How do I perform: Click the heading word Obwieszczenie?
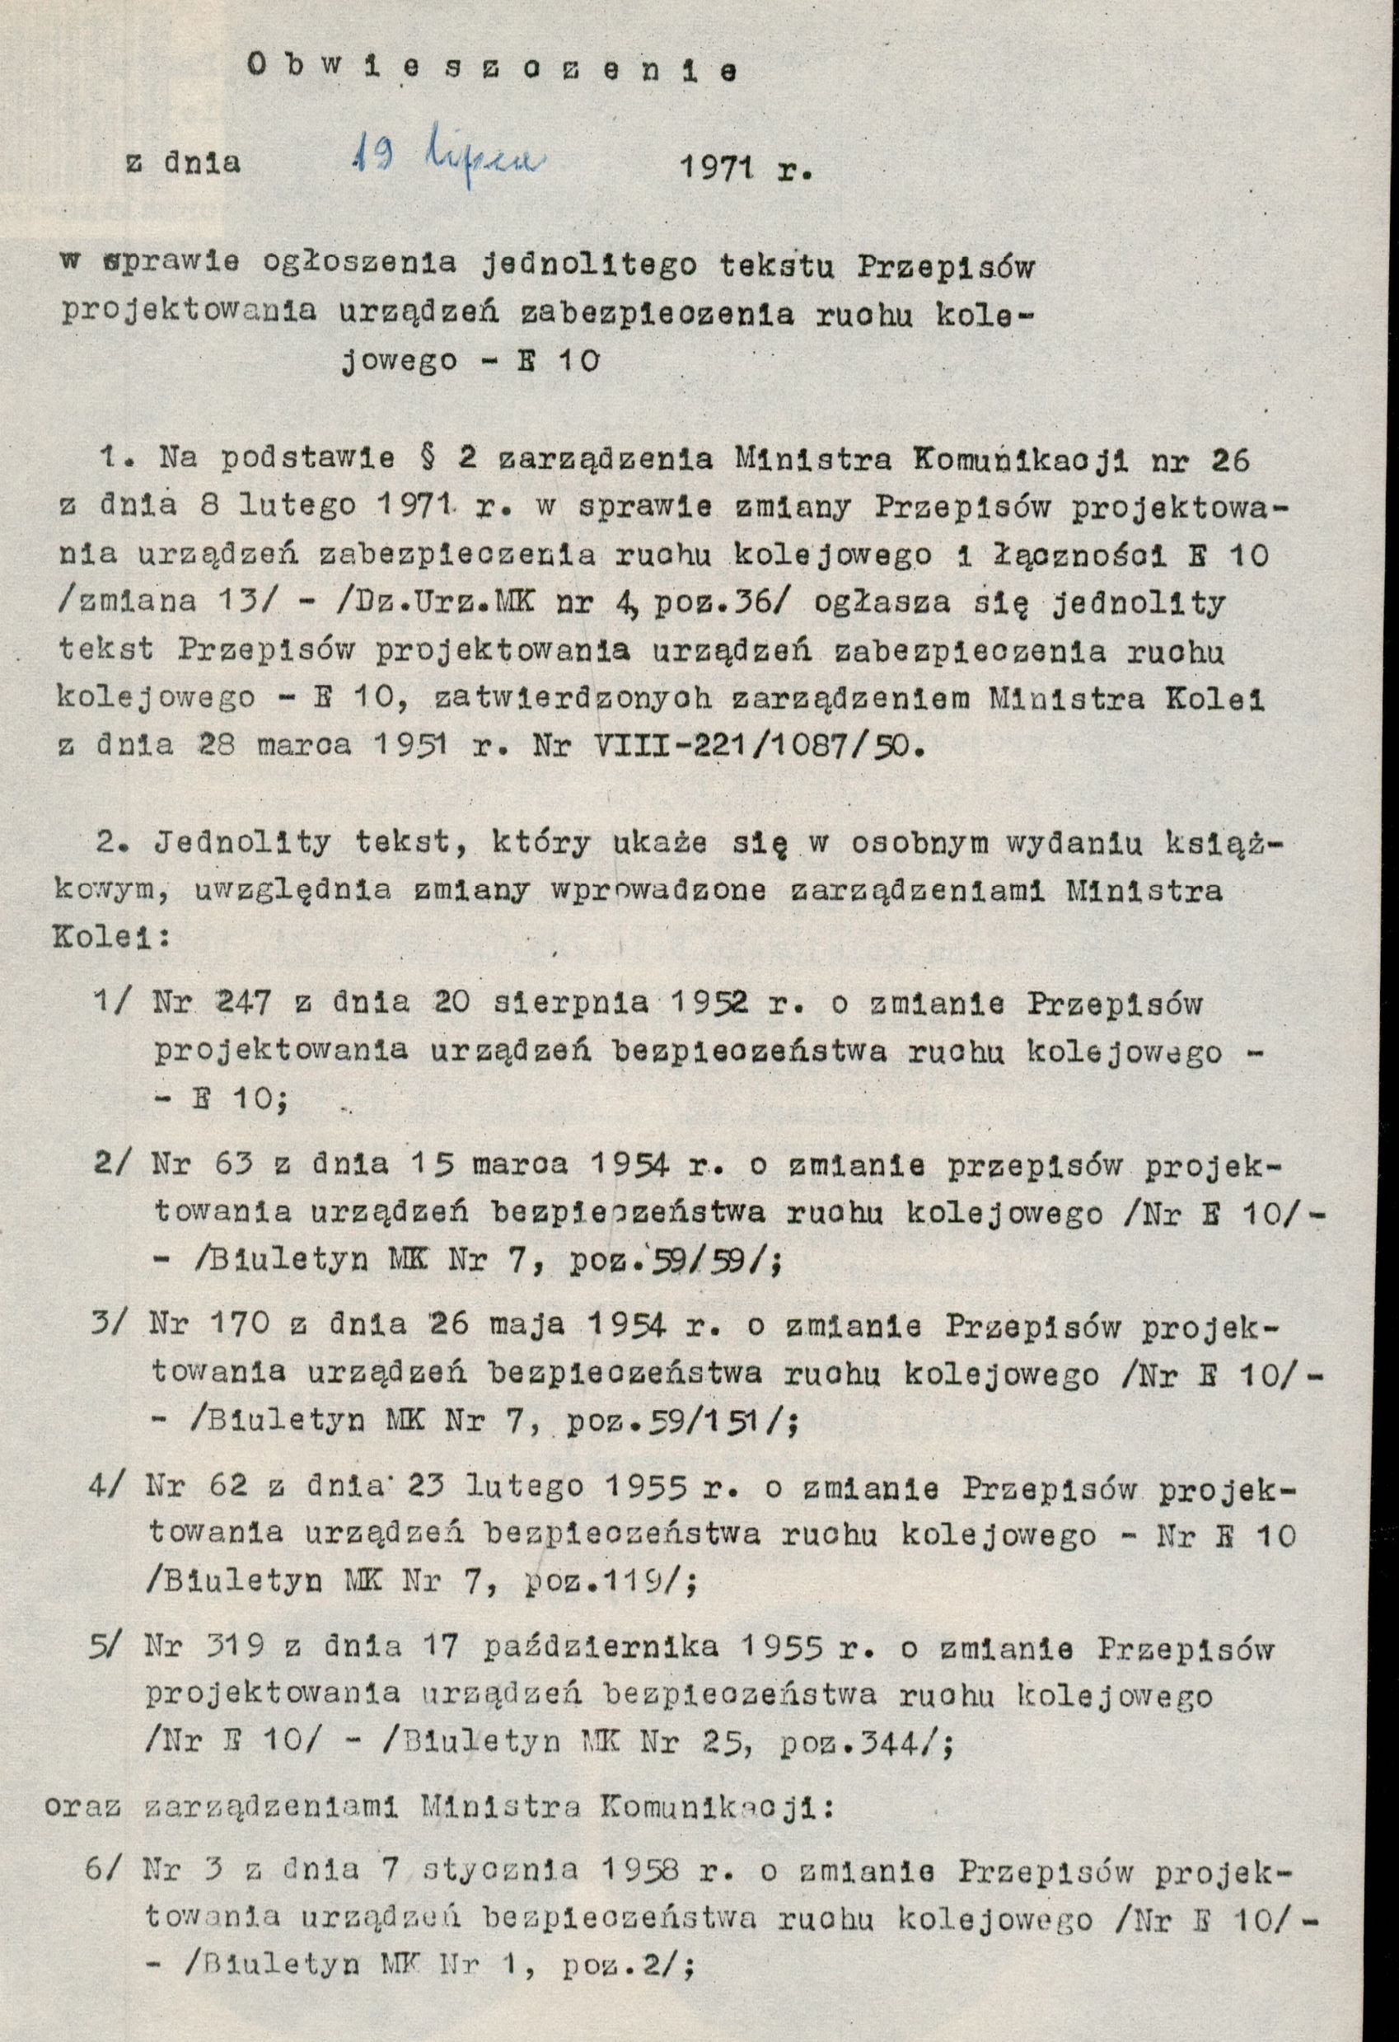click(492, 71)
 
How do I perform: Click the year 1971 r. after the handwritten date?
click(747, 168)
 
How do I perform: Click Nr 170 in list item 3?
click(210, 1325)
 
